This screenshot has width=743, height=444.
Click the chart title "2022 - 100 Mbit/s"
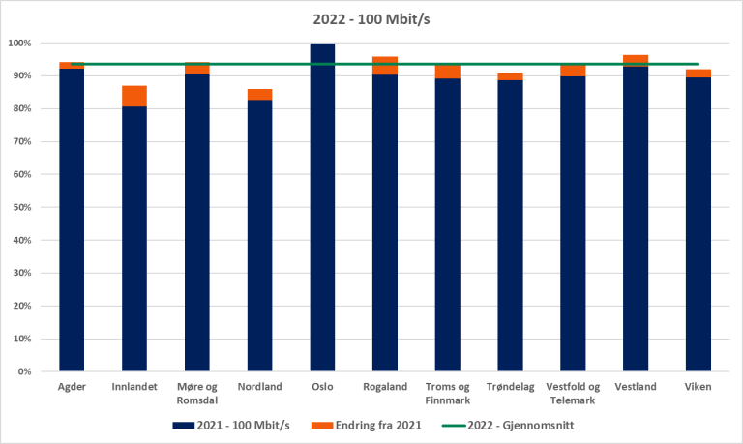[371, 17]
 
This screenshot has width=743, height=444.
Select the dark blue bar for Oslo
[322, 208]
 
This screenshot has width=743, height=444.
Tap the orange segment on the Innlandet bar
[134, 96]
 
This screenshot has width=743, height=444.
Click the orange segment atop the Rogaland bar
[385, 65]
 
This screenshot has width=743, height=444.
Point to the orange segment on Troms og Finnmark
[447, 72]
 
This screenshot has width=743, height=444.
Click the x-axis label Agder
[72, 387]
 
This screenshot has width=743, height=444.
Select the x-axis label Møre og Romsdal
[197, 393]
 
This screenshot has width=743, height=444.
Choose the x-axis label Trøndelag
[510, 387]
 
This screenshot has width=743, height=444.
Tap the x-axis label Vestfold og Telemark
[573, 393]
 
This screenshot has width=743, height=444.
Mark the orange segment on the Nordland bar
[259, 94]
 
